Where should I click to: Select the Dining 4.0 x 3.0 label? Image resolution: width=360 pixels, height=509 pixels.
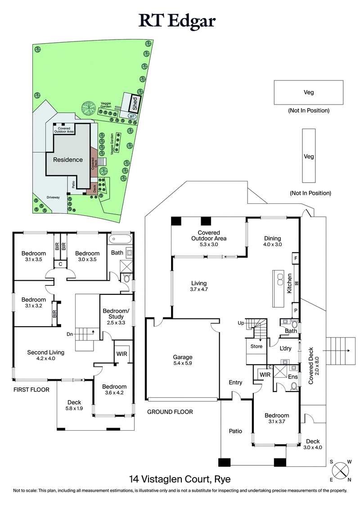pyautogui.click(x=272, y=242)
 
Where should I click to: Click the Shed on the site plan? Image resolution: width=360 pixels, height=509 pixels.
pyautogui.click(x=134, y=104)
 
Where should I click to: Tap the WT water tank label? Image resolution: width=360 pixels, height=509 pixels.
pyautogui.click(x=132, y=116)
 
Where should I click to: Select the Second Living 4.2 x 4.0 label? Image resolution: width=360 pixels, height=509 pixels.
pyautogui.click(x=45, y=356)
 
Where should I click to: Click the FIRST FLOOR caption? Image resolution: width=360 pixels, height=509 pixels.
pyautogui.click(x=31, y=389)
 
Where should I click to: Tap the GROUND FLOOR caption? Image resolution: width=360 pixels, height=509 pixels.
pyautogui.click(x=170, y=412)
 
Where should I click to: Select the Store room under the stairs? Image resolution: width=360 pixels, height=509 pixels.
pyautogui.click(x=256, y=347)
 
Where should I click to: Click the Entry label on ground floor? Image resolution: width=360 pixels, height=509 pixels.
pyautogui.click(x=235, y=383)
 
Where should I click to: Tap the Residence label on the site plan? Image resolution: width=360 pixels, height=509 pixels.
pyautogui.click(x=68, y=159)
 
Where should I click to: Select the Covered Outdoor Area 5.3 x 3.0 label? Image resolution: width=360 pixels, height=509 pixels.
pyautogui.click(x=208, y=242)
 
